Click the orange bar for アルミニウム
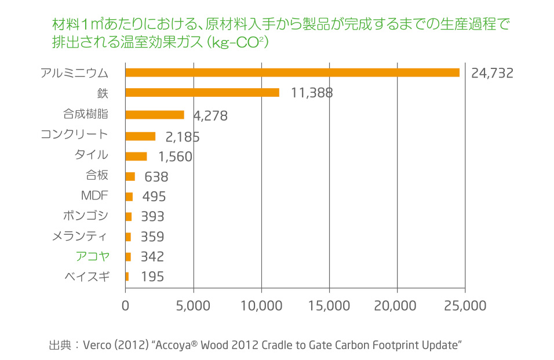pyautogui.click(x=293, y=72)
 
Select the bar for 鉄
pyautogui.click(x=202, y=92)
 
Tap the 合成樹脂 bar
pyautogui.click(x=155, y=115)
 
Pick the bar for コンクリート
pyautogui.click(x=140, y=136)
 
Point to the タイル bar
pyautogui.click(x=136, y=156)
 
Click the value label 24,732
pyautogui.click(x=492, y=73)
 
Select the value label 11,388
pyautogui.click(x=311, y=93)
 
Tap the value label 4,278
pyautogui.click(x=210, y=116)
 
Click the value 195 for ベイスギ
pyautogui.click(x=152, y=277)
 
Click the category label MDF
pyautogui.click(x=94, y=195)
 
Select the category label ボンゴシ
pyautogui.click(x=85, y=216)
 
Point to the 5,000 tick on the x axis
pyautogui.click(x=193, y=305)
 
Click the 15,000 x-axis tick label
pyautogui.click(x=329, y=305)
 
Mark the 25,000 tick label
pyautogui.click(x=465, y=305)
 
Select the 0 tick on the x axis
pyautogui.click(x=126, y=305)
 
